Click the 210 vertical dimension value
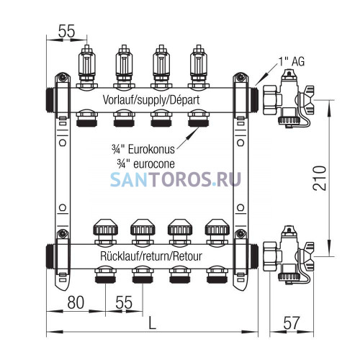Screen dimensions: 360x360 tap(320, 178)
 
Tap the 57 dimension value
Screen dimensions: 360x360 tap(292, 323)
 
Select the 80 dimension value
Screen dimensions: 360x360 tap(76, 302)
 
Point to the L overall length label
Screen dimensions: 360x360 tap(153, 323)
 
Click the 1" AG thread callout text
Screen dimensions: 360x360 tap(292, 61)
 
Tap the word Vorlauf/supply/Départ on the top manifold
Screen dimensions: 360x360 tap(151, 100)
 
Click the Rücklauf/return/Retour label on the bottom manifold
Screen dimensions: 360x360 tap(151, 256)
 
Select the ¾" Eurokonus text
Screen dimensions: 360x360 tap(143, 149)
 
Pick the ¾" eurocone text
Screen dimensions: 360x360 tap(146, 164)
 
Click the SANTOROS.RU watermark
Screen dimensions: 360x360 tap(176, 179)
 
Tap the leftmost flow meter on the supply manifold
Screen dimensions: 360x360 tap(87, 67)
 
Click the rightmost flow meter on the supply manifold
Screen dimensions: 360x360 tap(199, 67)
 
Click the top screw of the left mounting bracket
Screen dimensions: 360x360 tap(63, 77)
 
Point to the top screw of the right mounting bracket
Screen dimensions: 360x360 tap(240, 77)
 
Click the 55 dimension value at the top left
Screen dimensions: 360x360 tap(67, 31)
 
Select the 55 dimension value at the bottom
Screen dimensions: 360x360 tap(124, 302)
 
